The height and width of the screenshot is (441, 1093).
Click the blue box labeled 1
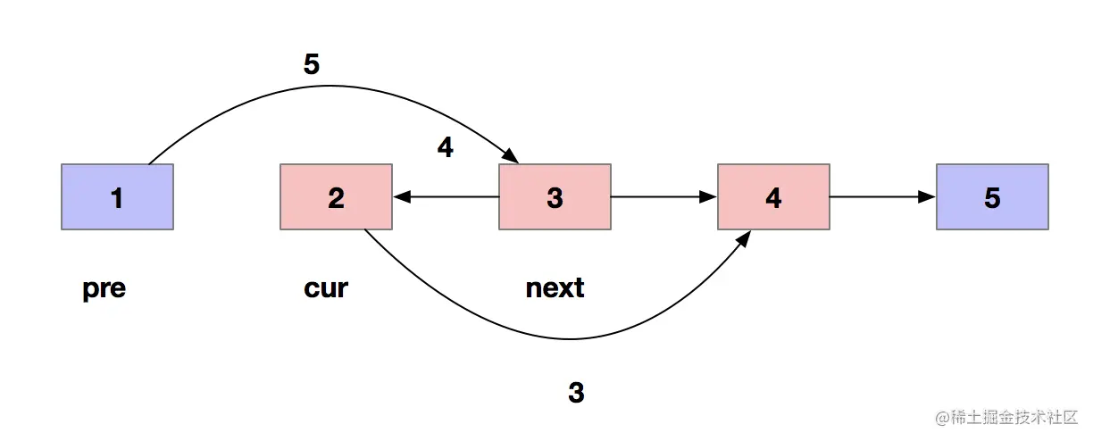[117, 197]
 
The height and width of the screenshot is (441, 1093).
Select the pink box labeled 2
[336, 197]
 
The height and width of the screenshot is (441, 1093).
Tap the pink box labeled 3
[555, 197]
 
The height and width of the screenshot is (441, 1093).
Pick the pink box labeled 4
[773, 197]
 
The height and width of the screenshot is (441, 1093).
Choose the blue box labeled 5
[992, 197]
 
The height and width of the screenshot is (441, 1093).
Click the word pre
[104, 289]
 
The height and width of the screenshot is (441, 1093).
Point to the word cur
[326, 289]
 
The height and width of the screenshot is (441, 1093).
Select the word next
[555, 289]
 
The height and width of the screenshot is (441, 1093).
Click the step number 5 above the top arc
[312, 64]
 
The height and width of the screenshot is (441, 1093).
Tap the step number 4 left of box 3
[445, 147]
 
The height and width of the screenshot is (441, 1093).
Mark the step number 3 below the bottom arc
[576, 393]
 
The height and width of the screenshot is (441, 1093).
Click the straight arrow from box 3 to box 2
[446, 197]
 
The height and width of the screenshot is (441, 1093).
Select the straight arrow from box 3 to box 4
[664, 197]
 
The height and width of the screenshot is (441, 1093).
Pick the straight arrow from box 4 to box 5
[883, 197]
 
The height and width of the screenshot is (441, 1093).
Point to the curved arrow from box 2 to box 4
[572, 339]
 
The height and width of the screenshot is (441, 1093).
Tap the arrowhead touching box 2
[399, 197]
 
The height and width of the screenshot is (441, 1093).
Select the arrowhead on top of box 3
[513, 157]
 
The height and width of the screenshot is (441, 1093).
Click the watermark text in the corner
[1008, 418]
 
